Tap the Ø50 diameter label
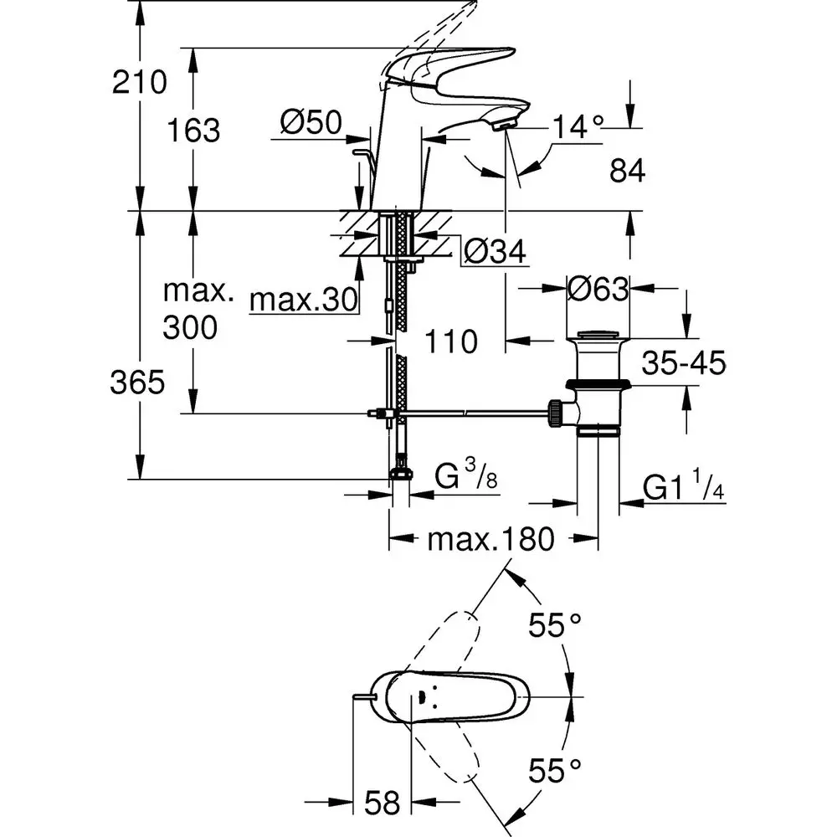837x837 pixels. pos(311,124)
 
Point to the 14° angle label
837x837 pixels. pos(578,126)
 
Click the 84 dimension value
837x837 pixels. pos(628,172)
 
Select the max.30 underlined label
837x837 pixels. pos(304,298)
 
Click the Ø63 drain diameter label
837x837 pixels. pos(598,290)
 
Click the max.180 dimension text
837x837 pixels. pos(491,540)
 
